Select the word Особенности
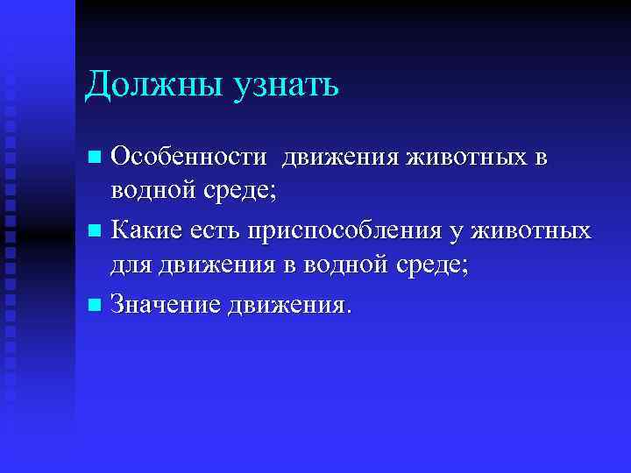[x=188, y=158]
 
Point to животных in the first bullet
[x=467, y=158]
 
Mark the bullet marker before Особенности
[x=96, y=159]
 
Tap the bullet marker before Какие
[x=96, y=232]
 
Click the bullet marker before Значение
[x=96, y=306]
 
